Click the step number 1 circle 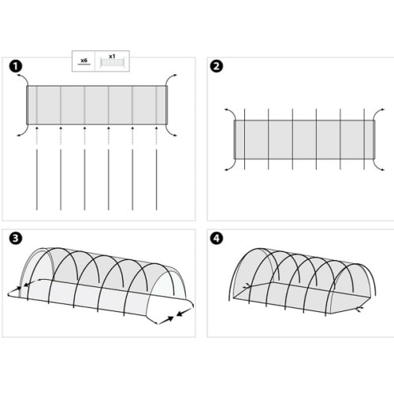pos(16,66)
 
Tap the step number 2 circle pos(216,66)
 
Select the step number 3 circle pos(16,237)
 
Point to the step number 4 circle pos(216,237)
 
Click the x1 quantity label pos(112,57)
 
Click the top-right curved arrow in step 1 pos(173,77)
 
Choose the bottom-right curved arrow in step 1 pos(173,132)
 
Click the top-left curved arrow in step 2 pos(229,112)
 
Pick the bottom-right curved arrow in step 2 pos(379,164)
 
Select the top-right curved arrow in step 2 pos(379,112)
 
